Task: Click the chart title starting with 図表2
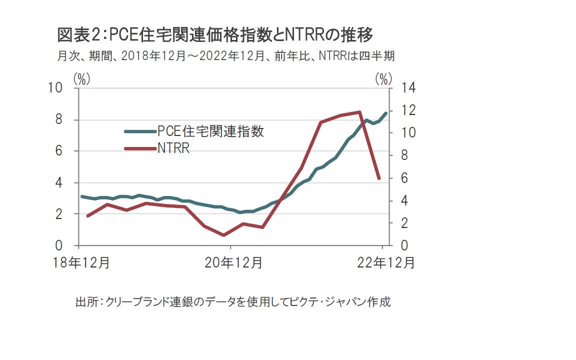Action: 215,35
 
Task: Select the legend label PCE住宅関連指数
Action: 210,131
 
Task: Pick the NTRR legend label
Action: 173,148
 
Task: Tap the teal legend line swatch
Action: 140,131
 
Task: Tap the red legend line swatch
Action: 140,148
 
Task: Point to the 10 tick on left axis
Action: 55,88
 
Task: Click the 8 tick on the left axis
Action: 58,119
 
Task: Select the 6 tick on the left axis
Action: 58,151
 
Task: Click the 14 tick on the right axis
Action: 401,88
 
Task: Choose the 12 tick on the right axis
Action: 401,110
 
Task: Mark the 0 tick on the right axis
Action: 398,245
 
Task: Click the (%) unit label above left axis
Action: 81,78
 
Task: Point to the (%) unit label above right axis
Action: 382,78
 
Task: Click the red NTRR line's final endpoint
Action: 379,178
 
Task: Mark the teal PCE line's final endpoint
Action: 385,113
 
